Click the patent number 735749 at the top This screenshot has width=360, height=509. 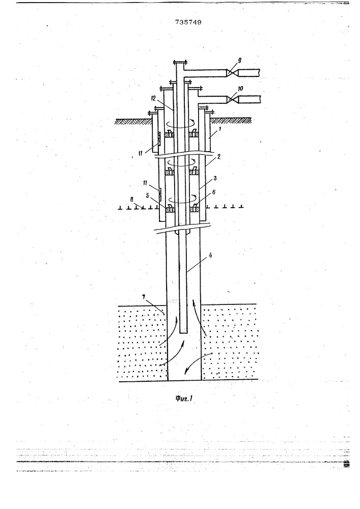coord(188,22)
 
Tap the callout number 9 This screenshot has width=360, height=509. coord(239,61)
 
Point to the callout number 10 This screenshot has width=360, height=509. coord(240,89)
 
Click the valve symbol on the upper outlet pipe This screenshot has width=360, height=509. coord(232,73)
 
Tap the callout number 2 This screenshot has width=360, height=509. coord(219,156)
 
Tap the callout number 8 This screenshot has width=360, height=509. coord(132,200)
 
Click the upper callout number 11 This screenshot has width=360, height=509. coord(140,153)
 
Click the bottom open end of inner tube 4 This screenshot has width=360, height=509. coord(184,332)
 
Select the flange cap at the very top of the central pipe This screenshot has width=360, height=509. coord(180,63)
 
